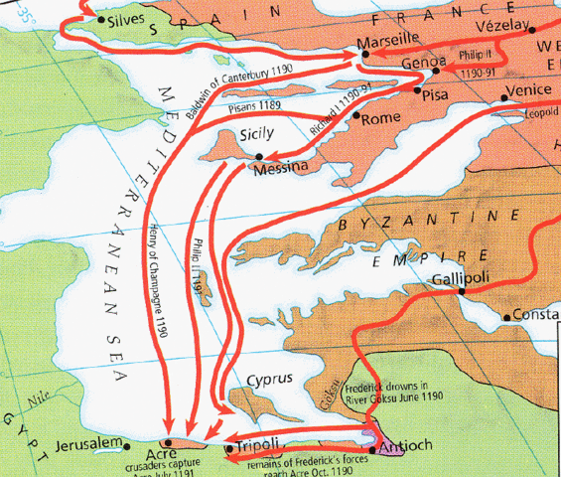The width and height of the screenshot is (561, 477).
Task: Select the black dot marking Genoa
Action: [436, 72]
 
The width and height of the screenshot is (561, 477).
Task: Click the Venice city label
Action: [527, 89]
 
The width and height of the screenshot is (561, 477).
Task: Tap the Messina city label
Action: [282, 170]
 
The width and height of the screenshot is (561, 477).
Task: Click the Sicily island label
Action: [263, 134]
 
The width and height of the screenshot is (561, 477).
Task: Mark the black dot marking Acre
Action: [167, 442]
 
